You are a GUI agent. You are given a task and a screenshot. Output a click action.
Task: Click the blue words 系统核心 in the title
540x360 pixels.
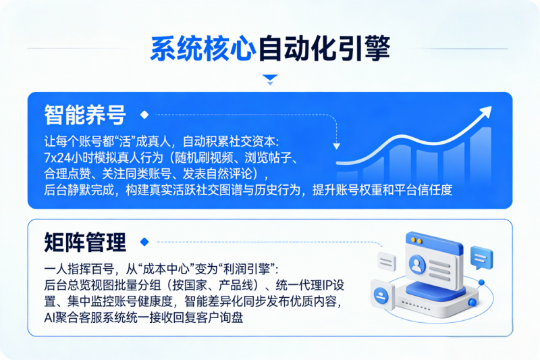[202, 49]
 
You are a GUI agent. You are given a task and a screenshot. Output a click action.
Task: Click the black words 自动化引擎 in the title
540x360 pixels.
[325, 49]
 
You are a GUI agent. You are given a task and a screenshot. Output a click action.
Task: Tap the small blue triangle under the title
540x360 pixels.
[270, 78]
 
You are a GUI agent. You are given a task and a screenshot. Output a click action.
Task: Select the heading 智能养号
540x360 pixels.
[85, 115]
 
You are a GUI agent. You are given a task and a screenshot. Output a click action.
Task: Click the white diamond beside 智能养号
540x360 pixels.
[144, 115]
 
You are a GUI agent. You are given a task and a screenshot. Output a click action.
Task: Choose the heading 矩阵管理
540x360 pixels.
[85, 241]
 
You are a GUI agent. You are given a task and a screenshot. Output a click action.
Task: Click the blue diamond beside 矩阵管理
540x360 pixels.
[143, 241]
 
